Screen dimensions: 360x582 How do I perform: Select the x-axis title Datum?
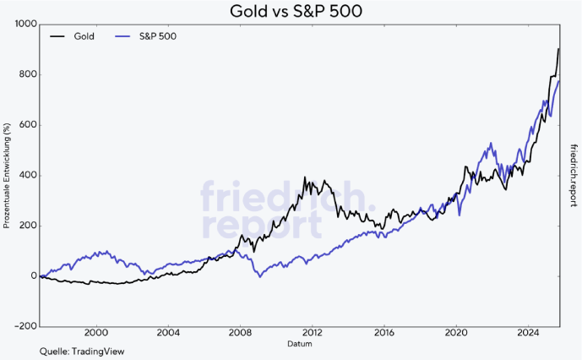(x=300, y=345)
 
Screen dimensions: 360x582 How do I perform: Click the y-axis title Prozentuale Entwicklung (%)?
(x=7, y=175)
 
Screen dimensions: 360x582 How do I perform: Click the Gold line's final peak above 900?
(x=558, y=49)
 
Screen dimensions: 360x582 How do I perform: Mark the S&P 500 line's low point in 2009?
(x=259, y=276)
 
